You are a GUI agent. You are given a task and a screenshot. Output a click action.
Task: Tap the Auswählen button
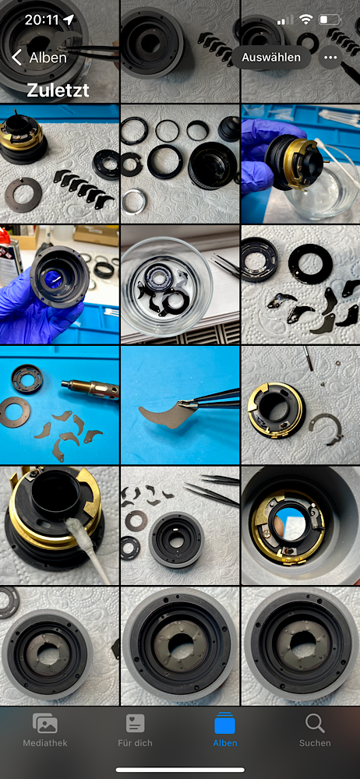(271, 57)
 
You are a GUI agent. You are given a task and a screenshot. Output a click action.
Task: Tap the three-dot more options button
(330, 57)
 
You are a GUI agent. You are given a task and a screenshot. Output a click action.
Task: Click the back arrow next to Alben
(16, 58)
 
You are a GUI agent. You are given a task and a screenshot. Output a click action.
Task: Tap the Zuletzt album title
(58, 90)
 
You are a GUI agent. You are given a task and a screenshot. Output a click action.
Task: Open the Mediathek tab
(44, 730)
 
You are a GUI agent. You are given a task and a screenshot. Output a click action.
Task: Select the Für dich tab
(135, 730)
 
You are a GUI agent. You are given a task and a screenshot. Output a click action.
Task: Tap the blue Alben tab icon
(224, 724)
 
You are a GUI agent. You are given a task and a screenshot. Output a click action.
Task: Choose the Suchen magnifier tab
(315, 730)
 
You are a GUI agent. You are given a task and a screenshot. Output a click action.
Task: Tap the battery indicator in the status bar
(330, 20)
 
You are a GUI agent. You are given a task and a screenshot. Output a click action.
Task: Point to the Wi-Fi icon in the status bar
(305, 20)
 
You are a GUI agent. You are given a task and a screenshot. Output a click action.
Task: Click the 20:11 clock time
(42, 20)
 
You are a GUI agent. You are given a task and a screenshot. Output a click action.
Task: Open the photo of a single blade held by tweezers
(180, 405)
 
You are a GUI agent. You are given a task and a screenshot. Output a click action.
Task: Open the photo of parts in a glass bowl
(180, 284)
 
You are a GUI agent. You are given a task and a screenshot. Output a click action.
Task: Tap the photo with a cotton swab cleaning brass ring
(60, 526)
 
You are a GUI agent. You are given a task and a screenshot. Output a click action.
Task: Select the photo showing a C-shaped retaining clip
(301, 405)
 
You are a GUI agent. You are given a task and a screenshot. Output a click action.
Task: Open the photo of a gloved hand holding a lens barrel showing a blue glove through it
(60, 284)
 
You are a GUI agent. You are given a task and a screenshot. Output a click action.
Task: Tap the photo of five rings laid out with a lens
(180, 164)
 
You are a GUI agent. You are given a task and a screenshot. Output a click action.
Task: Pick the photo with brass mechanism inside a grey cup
(301, 526)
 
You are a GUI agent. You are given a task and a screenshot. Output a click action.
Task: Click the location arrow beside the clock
(68, 20)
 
